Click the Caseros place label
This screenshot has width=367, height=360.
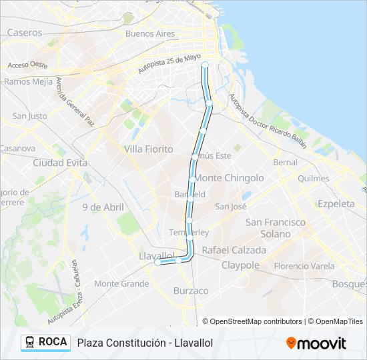(25, 32)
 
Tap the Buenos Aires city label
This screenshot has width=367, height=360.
(149, 33)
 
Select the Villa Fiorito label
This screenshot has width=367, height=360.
(149, 149)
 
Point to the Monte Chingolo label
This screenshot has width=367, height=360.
(229, 178)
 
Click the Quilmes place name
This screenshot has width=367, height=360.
(314, 179)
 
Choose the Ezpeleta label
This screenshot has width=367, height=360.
(336, 203)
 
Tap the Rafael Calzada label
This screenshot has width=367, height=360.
(234, 250)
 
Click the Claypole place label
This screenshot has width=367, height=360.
(240, 265)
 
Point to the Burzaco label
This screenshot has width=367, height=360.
(191, 291)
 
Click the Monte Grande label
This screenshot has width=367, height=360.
(121, 283)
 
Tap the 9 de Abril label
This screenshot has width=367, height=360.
(103, 207)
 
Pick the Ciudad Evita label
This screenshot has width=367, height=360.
(60, 162)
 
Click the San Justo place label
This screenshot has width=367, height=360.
(29, 115)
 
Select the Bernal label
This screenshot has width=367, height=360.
(286, 162)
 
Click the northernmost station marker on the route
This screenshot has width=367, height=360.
(205, 65)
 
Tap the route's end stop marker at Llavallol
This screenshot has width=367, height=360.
(157, 263)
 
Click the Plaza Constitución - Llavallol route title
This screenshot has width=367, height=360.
(145, 343)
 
